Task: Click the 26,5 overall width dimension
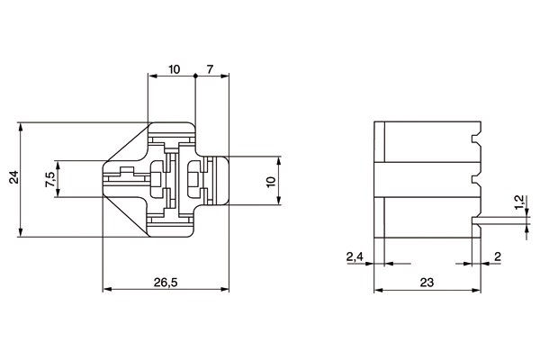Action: (165, 282)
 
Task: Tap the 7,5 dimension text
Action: (49, 179)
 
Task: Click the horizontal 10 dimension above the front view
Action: (173, 69)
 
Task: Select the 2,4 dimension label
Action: (355, 257)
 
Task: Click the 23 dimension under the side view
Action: (427, 283)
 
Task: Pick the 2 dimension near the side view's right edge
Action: (497, 257)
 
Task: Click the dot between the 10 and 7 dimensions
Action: (195, 77)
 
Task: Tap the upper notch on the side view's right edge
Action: (475, 139)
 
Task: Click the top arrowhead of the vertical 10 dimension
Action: (279, 160)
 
